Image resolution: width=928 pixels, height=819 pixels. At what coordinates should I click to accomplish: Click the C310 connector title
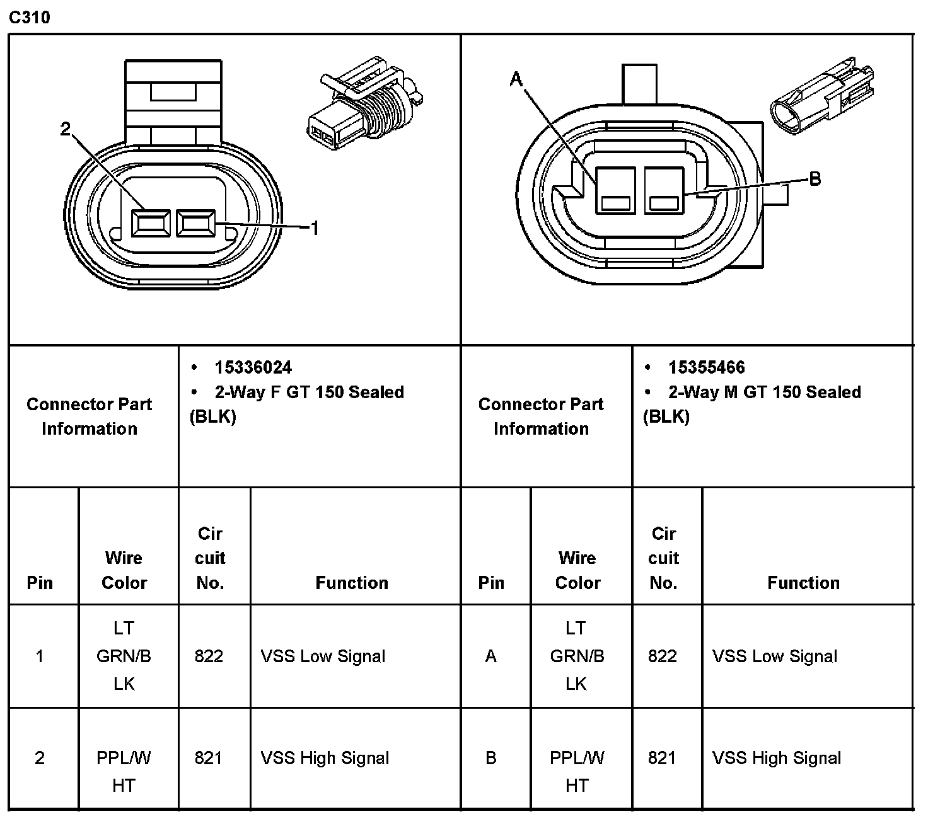pos(29,17)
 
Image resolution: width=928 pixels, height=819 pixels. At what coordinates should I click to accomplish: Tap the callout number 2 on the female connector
pos(66,129)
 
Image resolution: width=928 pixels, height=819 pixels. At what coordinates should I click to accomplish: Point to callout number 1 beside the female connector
pos(315,228)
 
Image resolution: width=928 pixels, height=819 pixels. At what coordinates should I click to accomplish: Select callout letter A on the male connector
pos(516,79)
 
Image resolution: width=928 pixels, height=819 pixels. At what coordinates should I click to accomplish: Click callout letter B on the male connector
pos(815,179)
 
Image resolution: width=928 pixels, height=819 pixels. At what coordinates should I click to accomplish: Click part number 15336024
pos(253,367)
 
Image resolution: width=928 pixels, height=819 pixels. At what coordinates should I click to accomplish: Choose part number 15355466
pos(706,367)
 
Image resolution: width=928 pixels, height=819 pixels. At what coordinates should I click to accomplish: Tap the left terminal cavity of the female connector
pos(151,224)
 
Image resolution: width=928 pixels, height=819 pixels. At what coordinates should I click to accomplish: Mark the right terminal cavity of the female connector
pos(195,224)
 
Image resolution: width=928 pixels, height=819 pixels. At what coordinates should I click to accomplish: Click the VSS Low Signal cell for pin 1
pos(323,656)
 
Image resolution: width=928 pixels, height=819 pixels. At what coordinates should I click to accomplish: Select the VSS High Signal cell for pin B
pos(777,758)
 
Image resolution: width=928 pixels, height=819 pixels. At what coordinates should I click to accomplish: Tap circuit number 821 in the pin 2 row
pos(209,758)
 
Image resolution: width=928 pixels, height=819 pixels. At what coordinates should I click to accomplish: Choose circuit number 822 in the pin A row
pos(662,656)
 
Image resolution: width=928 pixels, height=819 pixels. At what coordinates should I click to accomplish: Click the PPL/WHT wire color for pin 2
pos(124,771)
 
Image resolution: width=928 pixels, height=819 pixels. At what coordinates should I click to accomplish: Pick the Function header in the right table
pos(803,583)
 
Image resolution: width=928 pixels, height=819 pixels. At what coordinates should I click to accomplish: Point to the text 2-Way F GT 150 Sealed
pos(309,392)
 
